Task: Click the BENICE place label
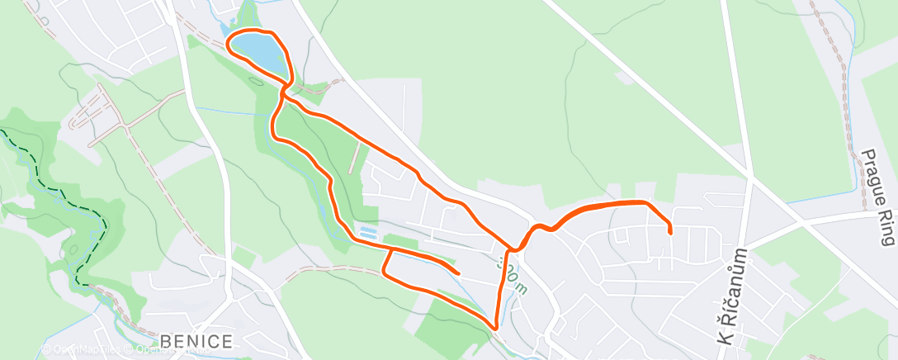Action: (196, 340)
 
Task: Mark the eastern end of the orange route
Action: (669, 233)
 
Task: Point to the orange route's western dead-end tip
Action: (457, 272)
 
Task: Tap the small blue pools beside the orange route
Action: (368, 234)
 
